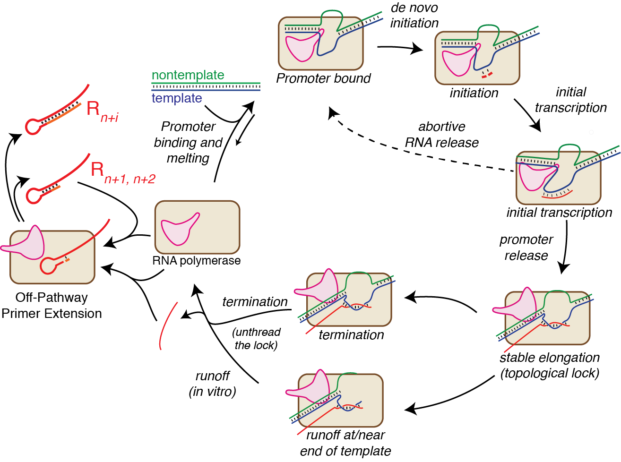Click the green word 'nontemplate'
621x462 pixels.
coord(188,75)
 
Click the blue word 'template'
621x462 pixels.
coord(177,98)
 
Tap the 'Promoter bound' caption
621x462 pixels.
coord(323,78)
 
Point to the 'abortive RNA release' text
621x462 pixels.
coord(441,135)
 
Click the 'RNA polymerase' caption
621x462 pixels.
coord(196,261)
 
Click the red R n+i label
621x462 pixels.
coord(102,111)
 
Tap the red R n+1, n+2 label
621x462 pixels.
coord(122,172)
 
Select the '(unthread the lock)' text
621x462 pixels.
coord(256,339)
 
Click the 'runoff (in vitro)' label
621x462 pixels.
coord(212,384)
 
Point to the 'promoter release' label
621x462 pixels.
coord(526,248)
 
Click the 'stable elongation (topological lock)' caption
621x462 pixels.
coord(550,365)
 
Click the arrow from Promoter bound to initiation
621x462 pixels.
coord(399,48)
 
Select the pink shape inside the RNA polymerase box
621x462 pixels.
coord(179,229)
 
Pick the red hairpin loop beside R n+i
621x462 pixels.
coord(33,128)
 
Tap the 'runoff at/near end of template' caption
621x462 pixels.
coord(345,443)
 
